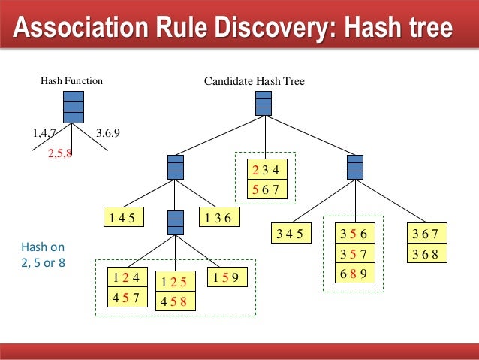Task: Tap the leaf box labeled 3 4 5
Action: pos(289,233)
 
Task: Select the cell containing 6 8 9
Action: pos(353,273)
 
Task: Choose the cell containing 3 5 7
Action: pos(353,253)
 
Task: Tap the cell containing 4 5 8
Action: pos(175,303)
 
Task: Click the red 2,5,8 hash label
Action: pos(59,153)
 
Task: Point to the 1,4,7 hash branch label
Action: pos(44,134)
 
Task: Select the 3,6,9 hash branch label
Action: pos(108,134)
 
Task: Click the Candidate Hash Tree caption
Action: pos(255,80)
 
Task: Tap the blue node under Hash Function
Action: pos(72,106)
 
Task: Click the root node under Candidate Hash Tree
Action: pos(264,104)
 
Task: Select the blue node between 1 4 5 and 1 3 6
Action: pos(175,222)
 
